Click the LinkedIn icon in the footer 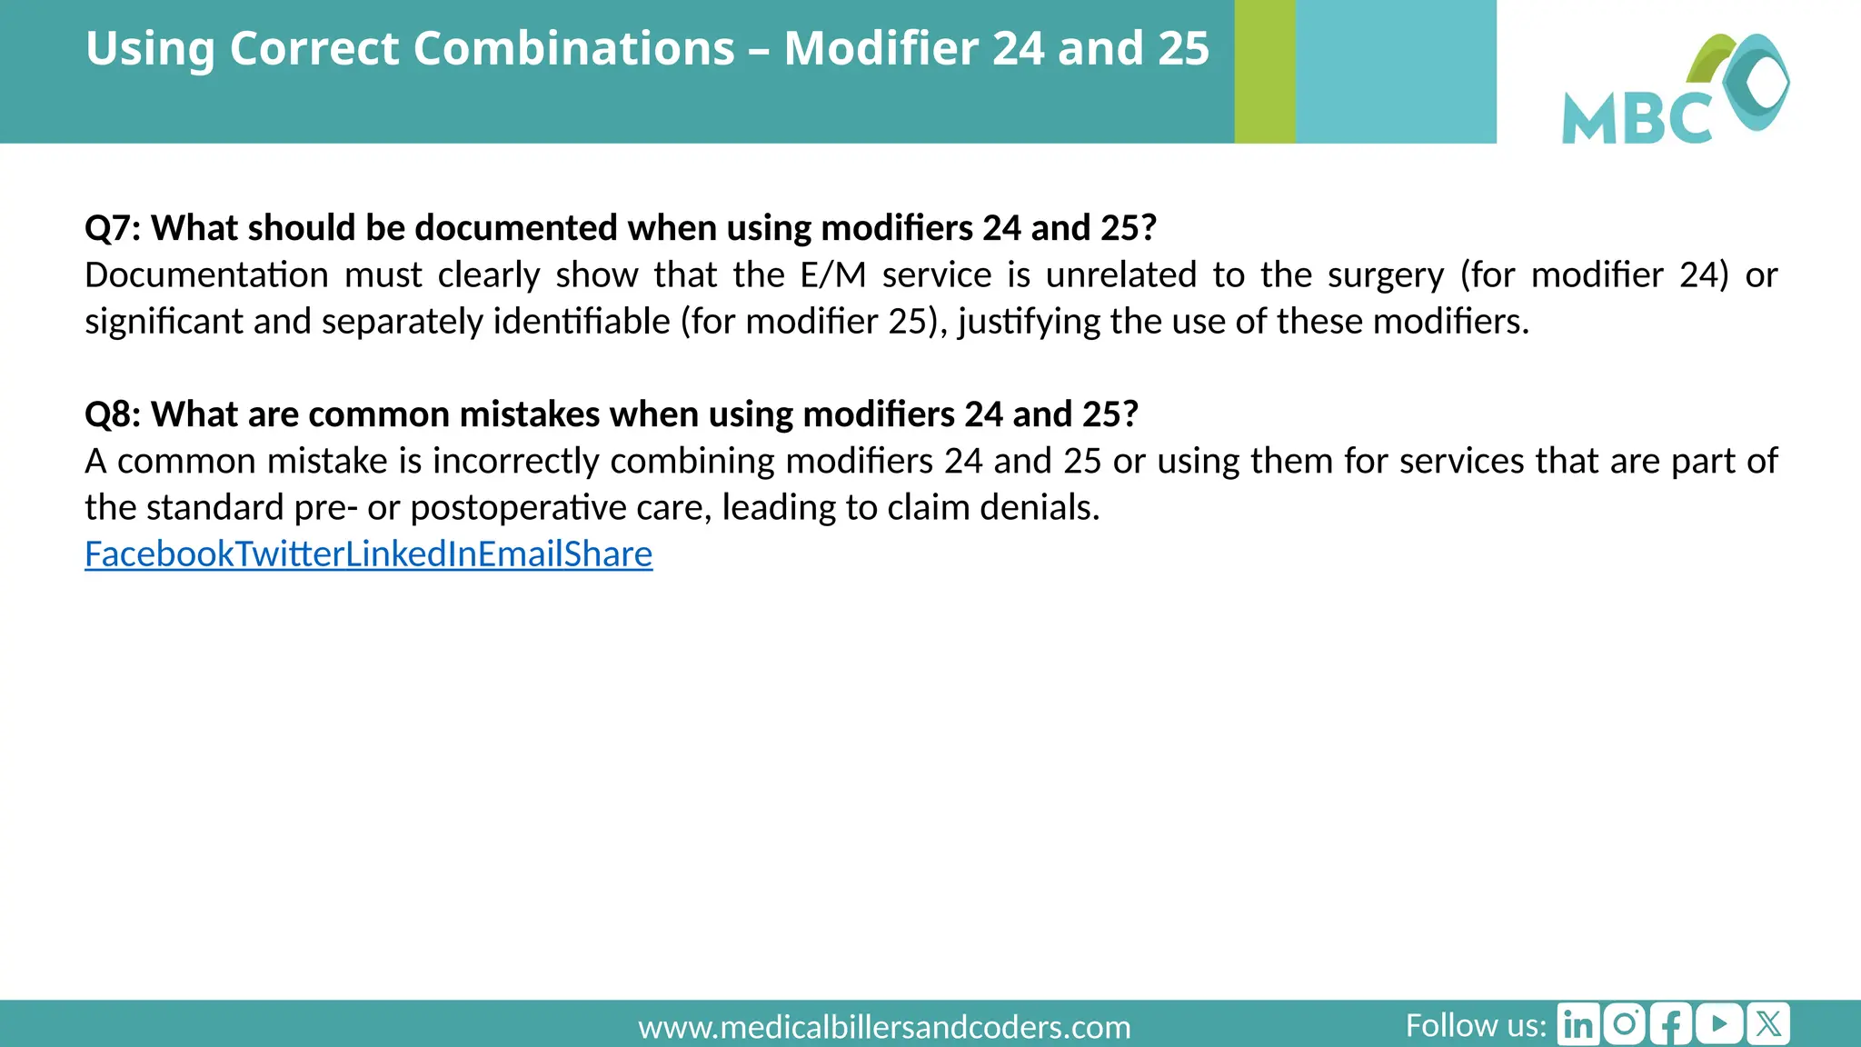click(x=1578, y=1024)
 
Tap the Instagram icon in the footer click(x=1625, y=1024)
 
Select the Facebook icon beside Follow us click(x=1671, y=1024)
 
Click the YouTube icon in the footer click(x=1719, y=1024)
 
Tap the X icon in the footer click(x=1767, y=1024)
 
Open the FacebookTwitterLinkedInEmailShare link click(x=368, y=553)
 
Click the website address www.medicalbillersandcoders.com click(x=884, y=1027)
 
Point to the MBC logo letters click(x=1636, y=117)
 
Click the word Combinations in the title click(x=482, y=48)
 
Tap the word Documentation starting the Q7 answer click(x=206, y=274)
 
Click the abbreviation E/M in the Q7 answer click(x=832, y=274)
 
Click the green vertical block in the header click(x=1264, y=71)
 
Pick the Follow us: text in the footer click(x=1476, y=1025)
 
